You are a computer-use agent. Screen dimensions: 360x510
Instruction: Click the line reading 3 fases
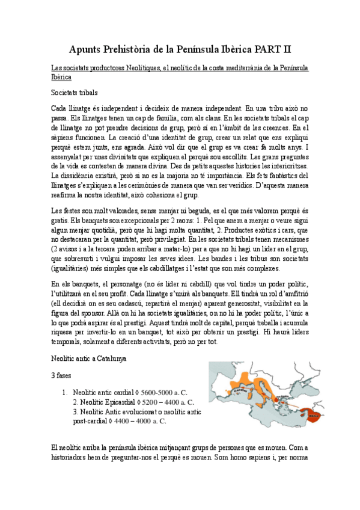pyautogui.click(x=62, y=374)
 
